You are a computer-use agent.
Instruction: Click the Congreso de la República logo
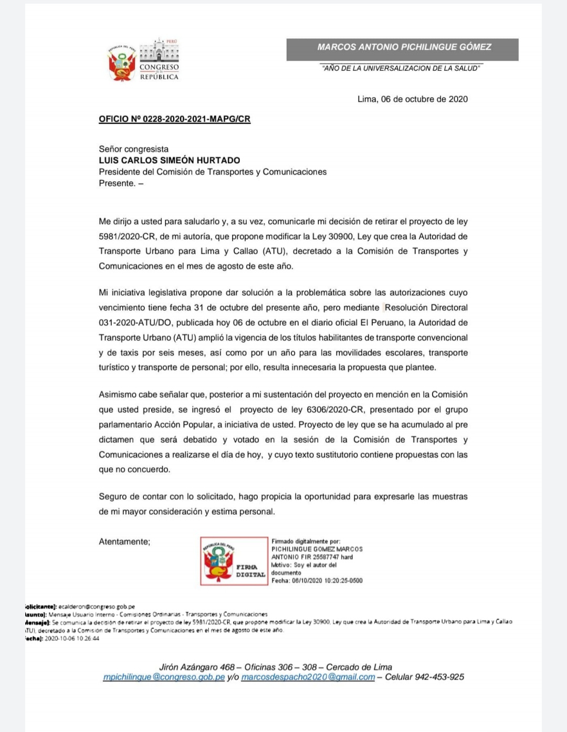pos(143,60)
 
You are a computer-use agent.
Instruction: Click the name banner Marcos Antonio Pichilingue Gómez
pos(403,47)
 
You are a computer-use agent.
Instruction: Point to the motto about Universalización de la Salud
pos(401,68)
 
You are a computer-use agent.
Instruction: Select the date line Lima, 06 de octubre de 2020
pos(412,99)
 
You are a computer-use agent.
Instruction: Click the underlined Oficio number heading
pos(174,119)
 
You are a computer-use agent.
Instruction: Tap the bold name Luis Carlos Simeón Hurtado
pos(169,161)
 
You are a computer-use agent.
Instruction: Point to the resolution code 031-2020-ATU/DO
pos(134,323)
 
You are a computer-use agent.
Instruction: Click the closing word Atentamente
pos(124,542)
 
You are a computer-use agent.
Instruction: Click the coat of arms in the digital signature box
pos(218,561)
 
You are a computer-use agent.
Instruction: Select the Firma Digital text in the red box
pos(250,571)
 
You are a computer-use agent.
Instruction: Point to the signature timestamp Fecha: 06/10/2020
pos(317,581)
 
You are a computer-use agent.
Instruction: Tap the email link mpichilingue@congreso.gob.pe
pos(164,677)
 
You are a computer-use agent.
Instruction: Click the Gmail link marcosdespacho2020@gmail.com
pos(308,677)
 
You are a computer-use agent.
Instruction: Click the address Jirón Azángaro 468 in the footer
pos(197,667)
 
